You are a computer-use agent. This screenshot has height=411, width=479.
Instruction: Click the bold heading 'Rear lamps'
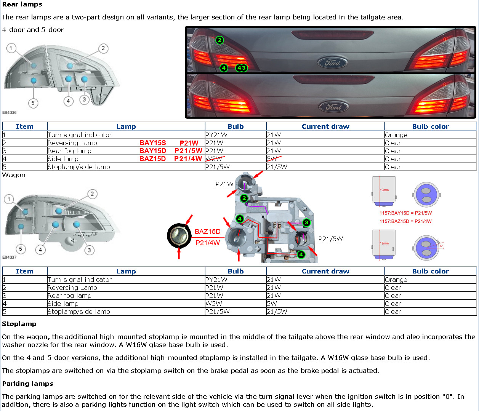tap(22, 5)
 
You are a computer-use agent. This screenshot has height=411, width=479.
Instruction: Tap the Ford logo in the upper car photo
tap(332, 63)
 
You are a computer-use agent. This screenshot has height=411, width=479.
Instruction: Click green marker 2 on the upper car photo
tap(219, 40)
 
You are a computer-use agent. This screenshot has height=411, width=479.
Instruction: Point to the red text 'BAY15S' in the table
tap(152, 143)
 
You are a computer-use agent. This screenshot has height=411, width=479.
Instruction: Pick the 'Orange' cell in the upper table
tap(396, 135)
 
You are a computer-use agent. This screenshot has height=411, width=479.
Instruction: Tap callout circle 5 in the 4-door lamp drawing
tap(33, 103)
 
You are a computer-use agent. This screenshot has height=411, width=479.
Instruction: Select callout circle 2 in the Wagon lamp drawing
tap(92, 194)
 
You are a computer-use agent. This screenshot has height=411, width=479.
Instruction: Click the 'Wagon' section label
tap(14, 175)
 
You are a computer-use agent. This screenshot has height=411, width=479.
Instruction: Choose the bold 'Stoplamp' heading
tap(19, 324)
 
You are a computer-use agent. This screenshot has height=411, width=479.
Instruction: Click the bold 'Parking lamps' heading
tap(27, 384)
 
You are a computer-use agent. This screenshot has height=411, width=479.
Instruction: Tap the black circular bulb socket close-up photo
tap(179, 236)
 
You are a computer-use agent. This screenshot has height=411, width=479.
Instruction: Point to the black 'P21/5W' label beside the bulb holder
tap(330, 239)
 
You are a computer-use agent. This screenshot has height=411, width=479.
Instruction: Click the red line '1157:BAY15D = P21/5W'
tap(405, 213)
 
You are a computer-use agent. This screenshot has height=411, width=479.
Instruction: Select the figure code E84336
tap(10, 112)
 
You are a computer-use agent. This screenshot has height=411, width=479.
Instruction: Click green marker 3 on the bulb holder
tap(306, 222)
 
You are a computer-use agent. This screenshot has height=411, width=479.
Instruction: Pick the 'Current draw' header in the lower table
tap(325, 271)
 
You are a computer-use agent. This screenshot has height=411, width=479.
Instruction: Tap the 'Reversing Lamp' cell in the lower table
tap(72, 288)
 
